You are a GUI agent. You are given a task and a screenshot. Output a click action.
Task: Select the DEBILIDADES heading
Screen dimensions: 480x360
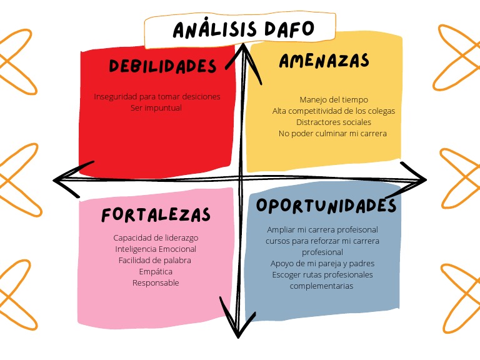click(162, 66)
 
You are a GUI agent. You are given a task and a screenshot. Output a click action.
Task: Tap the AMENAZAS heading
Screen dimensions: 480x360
click(324, 61)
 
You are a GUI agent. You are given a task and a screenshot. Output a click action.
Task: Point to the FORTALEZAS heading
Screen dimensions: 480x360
click(156, 215)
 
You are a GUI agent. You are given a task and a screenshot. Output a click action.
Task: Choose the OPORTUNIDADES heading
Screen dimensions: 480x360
click(326, 206)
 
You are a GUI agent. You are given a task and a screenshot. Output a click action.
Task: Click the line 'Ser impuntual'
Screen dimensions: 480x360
click(156, 107)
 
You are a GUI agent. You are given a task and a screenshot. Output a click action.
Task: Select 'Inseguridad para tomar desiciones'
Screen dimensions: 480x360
click(157, 96)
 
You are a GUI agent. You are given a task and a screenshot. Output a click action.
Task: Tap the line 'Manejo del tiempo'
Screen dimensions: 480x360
click(334, 99)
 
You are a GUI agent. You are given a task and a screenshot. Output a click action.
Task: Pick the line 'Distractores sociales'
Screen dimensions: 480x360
click(334, 122)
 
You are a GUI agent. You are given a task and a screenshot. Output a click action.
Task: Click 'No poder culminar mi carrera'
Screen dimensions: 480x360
click(332, 133)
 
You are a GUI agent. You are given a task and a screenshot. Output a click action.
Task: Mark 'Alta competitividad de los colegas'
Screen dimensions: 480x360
click(334, 111)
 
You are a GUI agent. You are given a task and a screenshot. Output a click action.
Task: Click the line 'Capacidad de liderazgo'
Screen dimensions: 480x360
click(156, 237)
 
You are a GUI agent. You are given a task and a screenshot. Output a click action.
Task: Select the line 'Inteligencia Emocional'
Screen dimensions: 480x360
click(156, 249)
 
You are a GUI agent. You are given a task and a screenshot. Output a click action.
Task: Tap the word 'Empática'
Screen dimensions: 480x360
click(156, 271)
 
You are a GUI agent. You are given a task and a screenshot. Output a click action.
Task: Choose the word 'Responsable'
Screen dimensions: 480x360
click(156, 282)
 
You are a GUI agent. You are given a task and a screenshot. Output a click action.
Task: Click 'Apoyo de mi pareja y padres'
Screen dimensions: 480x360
click(322, 263)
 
